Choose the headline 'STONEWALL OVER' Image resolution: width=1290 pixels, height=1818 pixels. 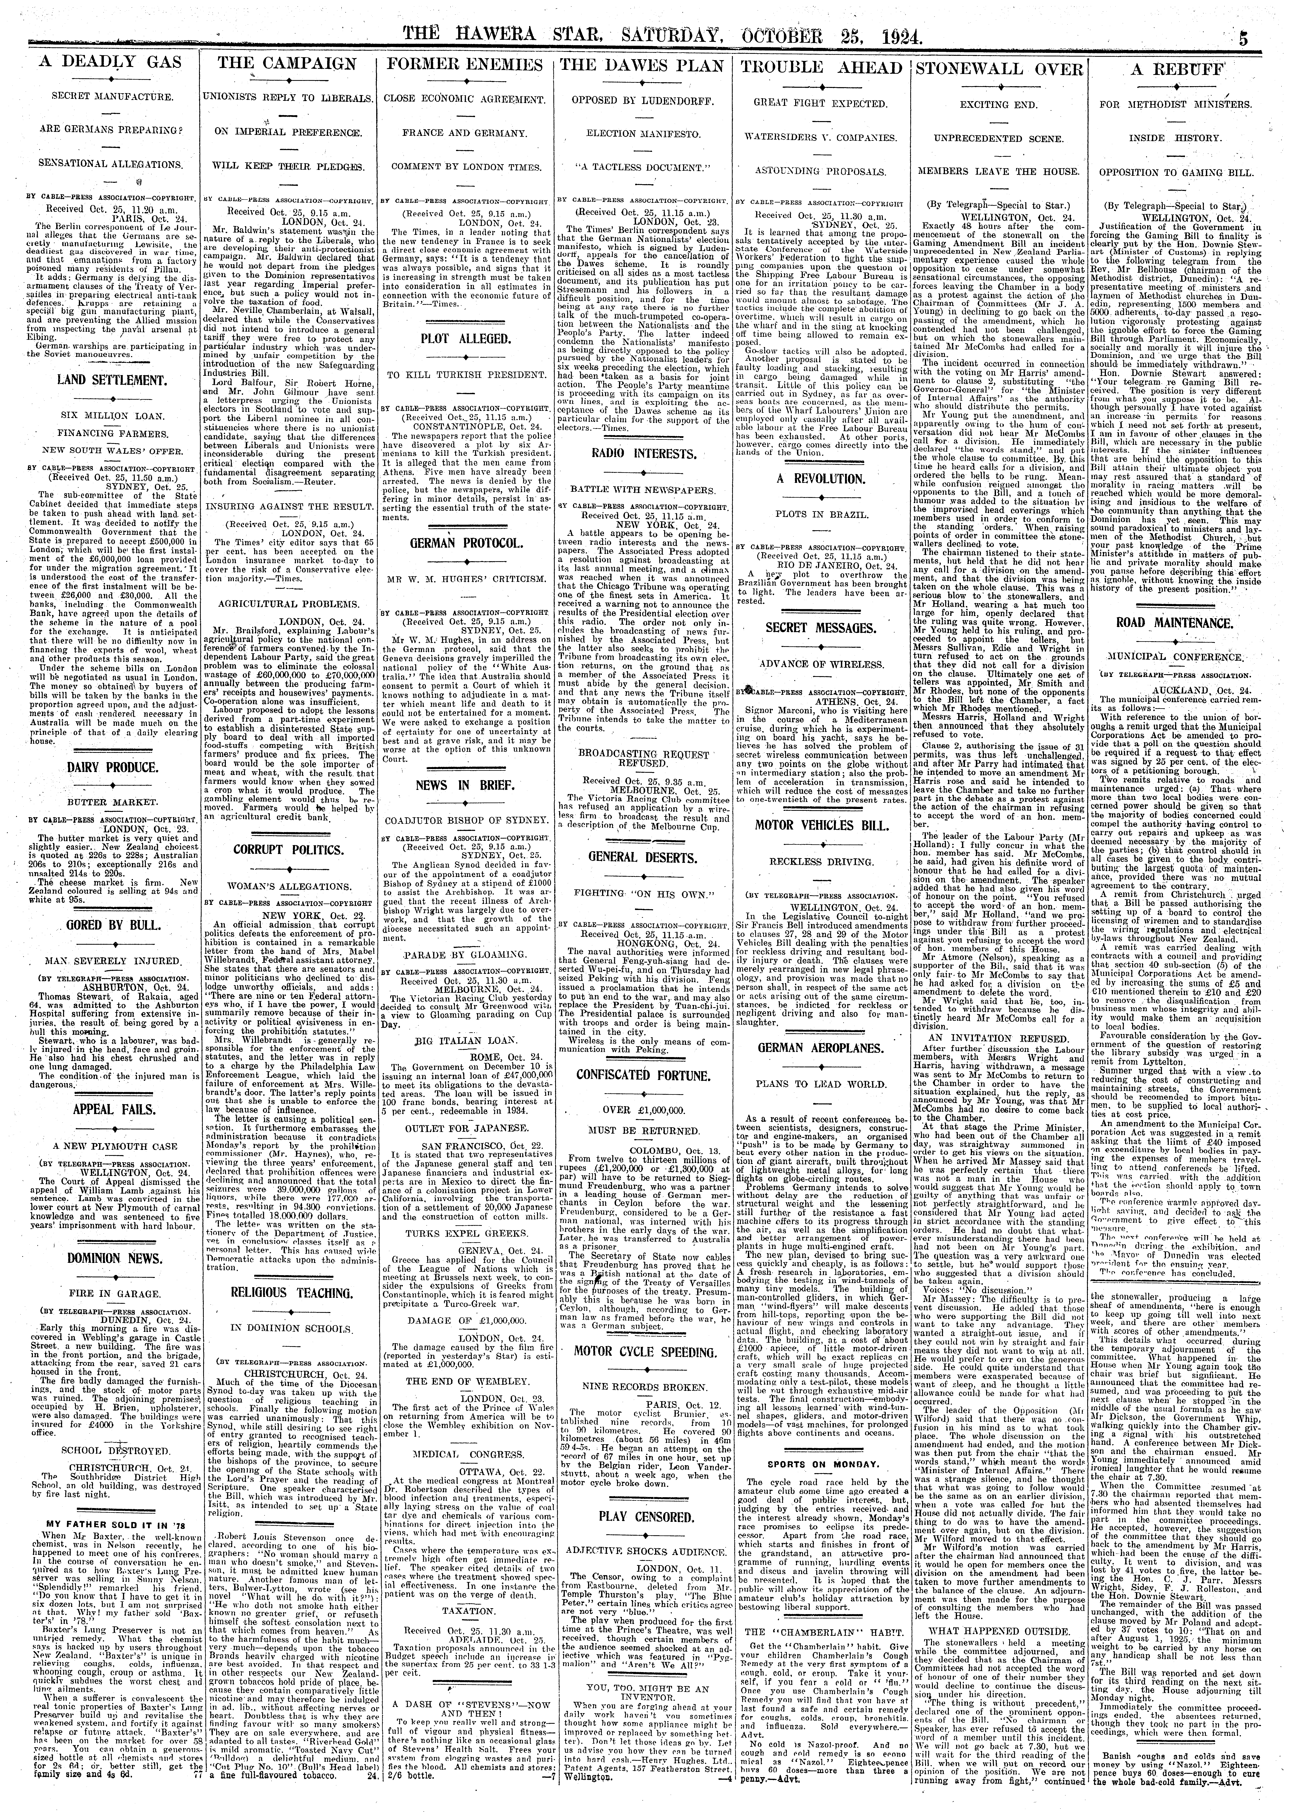(999, 68)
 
